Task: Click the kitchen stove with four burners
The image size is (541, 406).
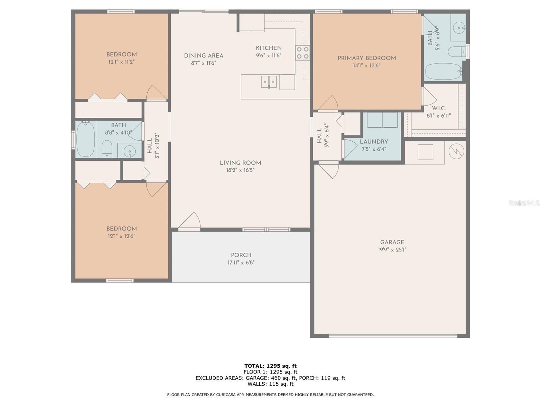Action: coord(303,53)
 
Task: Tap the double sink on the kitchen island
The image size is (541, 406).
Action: coord(269,82)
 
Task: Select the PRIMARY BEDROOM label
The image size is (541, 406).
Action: coord(367,58)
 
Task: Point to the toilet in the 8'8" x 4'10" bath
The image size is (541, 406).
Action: coord(107,149)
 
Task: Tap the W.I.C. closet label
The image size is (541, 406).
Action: coord(439,109)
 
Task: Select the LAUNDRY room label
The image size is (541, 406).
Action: coord(374,142)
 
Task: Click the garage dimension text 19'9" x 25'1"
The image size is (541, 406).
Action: coord(392,250)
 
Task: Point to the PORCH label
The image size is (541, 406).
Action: coord(241,255)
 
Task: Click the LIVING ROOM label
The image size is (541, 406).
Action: coord(240,163)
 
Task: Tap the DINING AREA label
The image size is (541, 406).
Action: coord(204,56)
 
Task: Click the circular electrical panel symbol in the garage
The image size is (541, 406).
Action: coord(456,151)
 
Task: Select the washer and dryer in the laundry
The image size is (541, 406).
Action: coord(382,120)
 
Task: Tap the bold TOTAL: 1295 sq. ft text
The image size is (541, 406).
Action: coord(270,366)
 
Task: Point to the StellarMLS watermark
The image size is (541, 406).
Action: coord(524,203)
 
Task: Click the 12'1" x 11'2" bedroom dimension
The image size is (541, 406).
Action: coord(121,62)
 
